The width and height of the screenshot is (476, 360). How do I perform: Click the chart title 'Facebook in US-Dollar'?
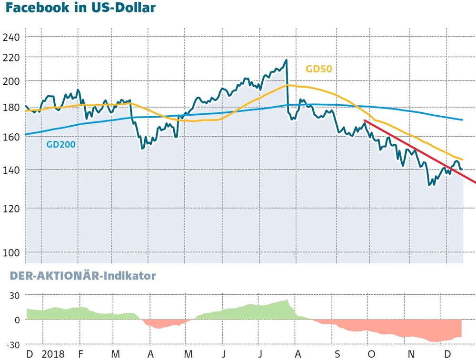79,9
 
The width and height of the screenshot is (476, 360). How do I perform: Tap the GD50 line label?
318,69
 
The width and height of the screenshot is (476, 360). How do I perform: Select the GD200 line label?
60,144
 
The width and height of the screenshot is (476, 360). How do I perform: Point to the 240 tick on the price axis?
11,38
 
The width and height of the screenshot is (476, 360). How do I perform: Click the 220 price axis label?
11,58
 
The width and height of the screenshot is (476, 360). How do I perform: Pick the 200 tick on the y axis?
11,81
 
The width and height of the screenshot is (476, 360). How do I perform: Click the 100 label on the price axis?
11,252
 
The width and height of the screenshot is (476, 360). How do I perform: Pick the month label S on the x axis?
337,354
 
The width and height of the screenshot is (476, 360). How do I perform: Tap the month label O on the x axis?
372,354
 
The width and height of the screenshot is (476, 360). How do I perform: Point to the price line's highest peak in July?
286,60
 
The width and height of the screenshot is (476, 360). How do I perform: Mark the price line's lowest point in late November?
430,185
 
